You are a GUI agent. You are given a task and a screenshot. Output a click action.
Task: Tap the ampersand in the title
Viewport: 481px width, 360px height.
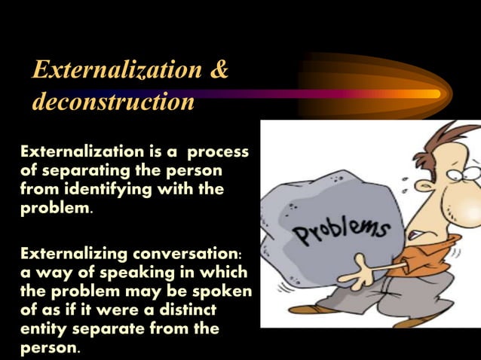click(219, 70)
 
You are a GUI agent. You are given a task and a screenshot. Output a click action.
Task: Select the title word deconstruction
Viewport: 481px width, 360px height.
click(113, 102)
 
